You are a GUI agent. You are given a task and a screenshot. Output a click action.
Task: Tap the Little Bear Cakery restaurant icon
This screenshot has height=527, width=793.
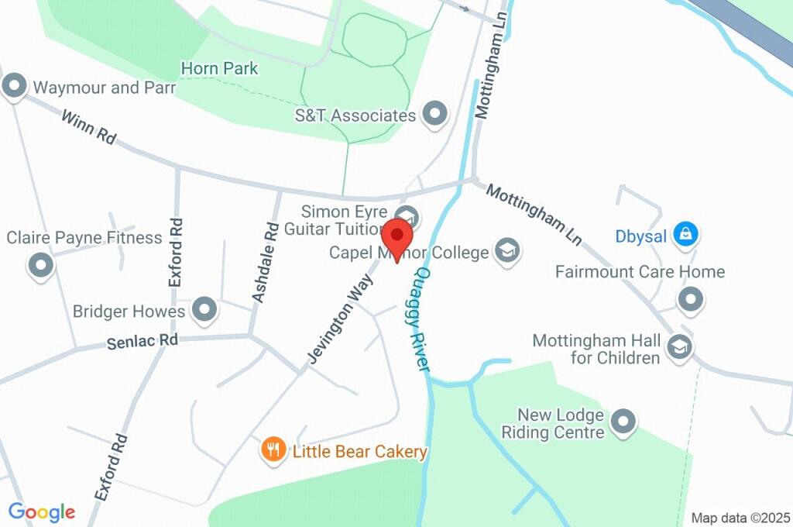pyautogui.click(x=272, y=449)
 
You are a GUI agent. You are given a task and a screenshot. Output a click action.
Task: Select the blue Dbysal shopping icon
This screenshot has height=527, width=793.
pyautogui.click(x=685, y=234)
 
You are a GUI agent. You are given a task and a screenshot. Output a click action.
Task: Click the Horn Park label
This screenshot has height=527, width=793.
pyautogui.click(x=219, y=69)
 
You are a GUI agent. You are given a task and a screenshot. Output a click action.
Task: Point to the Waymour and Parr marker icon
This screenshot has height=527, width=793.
pyautogui.click(x=15, y=87)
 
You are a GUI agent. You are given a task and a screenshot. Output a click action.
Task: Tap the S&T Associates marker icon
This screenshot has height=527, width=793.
pyautogui.click(x=435, y=115)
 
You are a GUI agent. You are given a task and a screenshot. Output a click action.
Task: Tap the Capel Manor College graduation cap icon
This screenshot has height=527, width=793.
pyautogui.click(x=507, y=251)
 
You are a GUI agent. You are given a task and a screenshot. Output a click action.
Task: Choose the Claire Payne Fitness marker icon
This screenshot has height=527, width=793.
pyautogui.click(x=40, y=266)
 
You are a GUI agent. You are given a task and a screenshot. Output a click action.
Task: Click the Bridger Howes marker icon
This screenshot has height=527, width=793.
pyautogui.click(x=204, y=310)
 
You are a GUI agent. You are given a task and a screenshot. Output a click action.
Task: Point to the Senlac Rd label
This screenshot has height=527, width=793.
pyautogui.click(x=142, y=340)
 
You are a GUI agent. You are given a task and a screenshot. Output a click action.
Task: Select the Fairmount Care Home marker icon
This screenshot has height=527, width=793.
pyautogui.click(x=689, y=298)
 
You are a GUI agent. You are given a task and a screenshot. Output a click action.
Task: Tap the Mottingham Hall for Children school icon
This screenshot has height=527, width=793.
pyautogui.click(x=679, y=346)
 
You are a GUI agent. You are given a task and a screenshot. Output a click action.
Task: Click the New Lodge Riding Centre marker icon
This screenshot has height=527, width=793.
pyautogui.click(x=623, y=422)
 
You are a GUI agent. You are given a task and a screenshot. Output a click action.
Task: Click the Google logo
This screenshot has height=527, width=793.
pyautogui.click(x=42, y=512)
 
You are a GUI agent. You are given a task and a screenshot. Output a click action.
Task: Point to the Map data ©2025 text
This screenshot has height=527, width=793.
pyautogui.click(x=740, y=518)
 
